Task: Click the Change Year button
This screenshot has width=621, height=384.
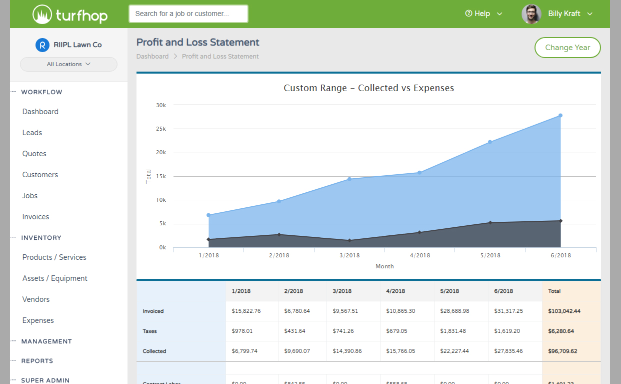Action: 567,48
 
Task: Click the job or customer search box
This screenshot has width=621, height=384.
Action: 188,14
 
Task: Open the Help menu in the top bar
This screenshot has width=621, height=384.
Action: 483,14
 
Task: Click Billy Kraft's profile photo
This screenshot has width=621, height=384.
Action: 531,14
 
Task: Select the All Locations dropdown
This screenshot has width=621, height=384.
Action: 68,64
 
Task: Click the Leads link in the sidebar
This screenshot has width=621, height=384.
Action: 32,133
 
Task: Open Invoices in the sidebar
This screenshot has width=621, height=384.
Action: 35,217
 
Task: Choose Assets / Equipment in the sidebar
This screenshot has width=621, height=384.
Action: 54,278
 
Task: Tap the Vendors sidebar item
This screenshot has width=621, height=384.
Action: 35,299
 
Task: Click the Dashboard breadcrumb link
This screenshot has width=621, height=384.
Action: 152,57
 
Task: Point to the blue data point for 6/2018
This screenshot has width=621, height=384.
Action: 560,116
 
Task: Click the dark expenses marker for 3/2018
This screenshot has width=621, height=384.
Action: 349,240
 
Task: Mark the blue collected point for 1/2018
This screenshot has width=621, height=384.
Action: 208,215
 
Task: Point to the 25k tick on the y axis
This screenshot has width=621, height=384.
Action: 161,129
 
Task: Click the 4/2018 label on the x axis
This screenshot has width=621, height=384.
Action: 419,255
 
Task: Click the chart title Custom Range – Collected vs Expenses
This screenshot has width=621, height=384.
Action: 368,88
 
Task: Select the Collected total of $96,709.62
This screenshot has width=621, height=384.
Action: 562,351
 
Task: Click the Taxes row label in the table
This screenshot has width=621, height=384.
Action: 150,331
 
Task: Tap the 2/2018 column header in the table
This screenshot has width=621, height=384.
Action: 293,291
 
